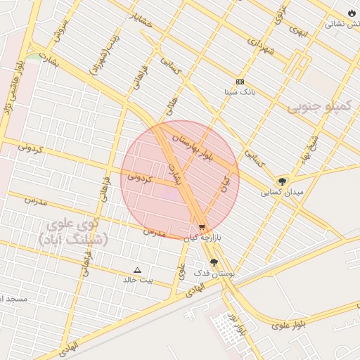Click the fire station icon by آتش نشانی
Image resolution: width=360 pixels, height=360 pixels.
pyautogui.click(x=352, y=13)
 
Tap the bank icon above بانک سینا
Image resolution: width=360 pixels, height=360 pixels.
pyautogui.click(x=240, y=82)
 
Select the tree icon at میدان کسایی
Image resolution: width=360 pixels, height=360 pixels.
pyautogui.click(x=282, y=181)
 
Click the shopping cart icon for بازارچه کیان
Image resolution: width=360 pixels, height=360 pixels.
pyautogui.click(x=202, y=227)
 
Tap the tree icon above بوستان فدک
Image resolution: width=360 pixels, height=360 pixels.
pyautogui.click(x=214, y=262)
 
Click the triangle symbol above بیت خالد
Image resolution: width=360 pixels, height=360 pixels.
pyautogui.click(x=137, y=270)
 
